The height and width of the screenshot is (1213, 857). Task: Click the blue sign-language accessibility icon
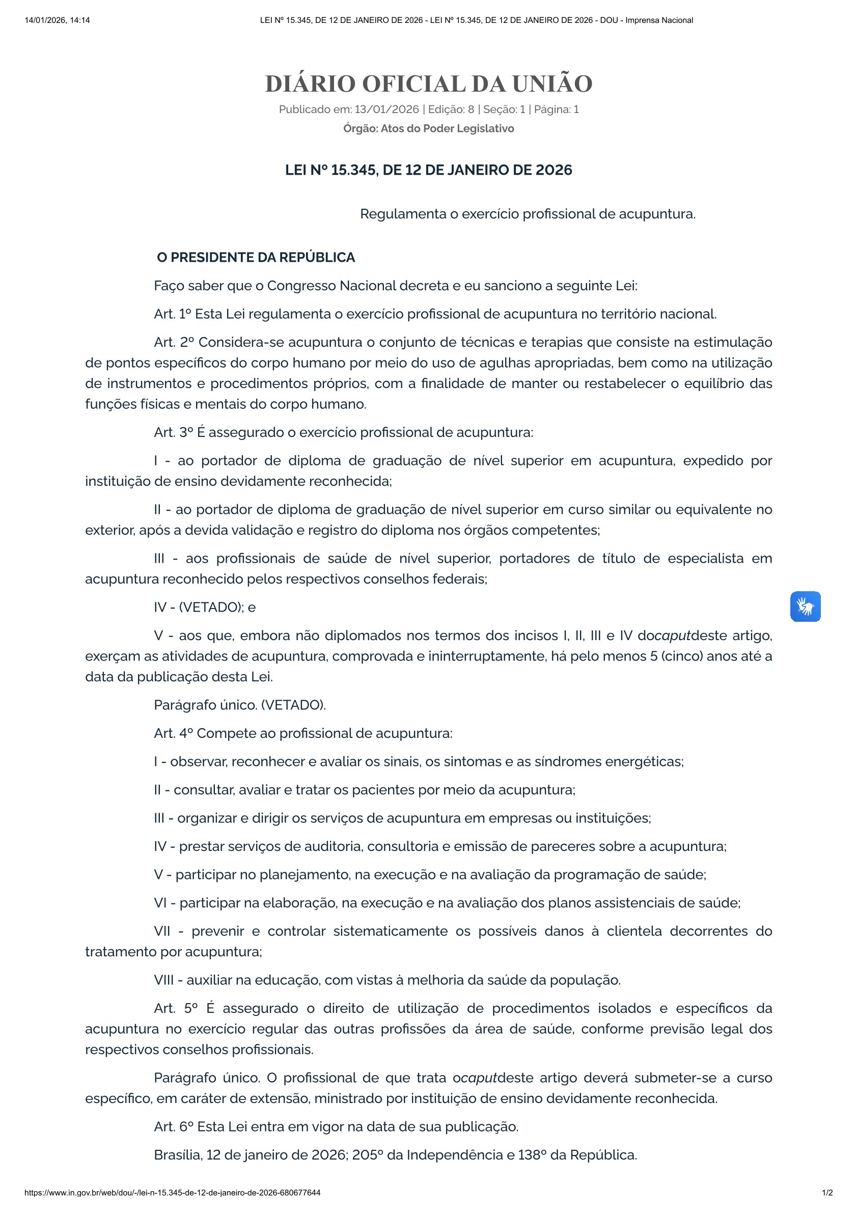[x=805, y=606]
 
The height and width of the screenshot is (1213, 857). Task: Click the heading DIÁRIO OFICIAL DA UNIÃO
[x=429, y=84]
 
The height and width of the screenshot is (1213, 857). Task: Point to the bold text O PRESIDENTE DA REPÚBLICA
[x=256, y=257]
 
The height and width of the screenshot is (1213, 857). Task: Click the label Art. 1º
[x=172, y=314]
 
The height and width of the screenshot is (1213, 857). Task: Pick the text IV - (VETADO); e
[x=205, y=607]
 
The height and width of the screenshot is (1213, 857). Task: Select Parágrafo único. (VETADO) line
[x=240, y=705]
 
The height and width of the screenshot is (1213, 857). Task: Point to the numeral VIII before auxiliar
[x=163, y=980]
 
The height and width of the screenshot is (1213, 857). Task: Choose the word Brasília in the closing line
[x=178, y=1155]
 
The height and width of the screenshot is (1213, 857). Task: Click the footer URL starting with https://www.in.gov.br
[x=172, y=1193]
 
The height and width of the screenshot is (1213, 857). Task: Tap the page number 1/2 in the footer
[x=827, y=1193]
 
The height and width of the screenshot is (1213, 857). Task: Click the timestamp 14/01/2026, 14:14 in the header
[x=57, y=20]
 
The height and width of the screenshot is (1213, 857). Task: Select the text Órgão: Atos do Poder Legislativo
[x=429, y=128]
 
